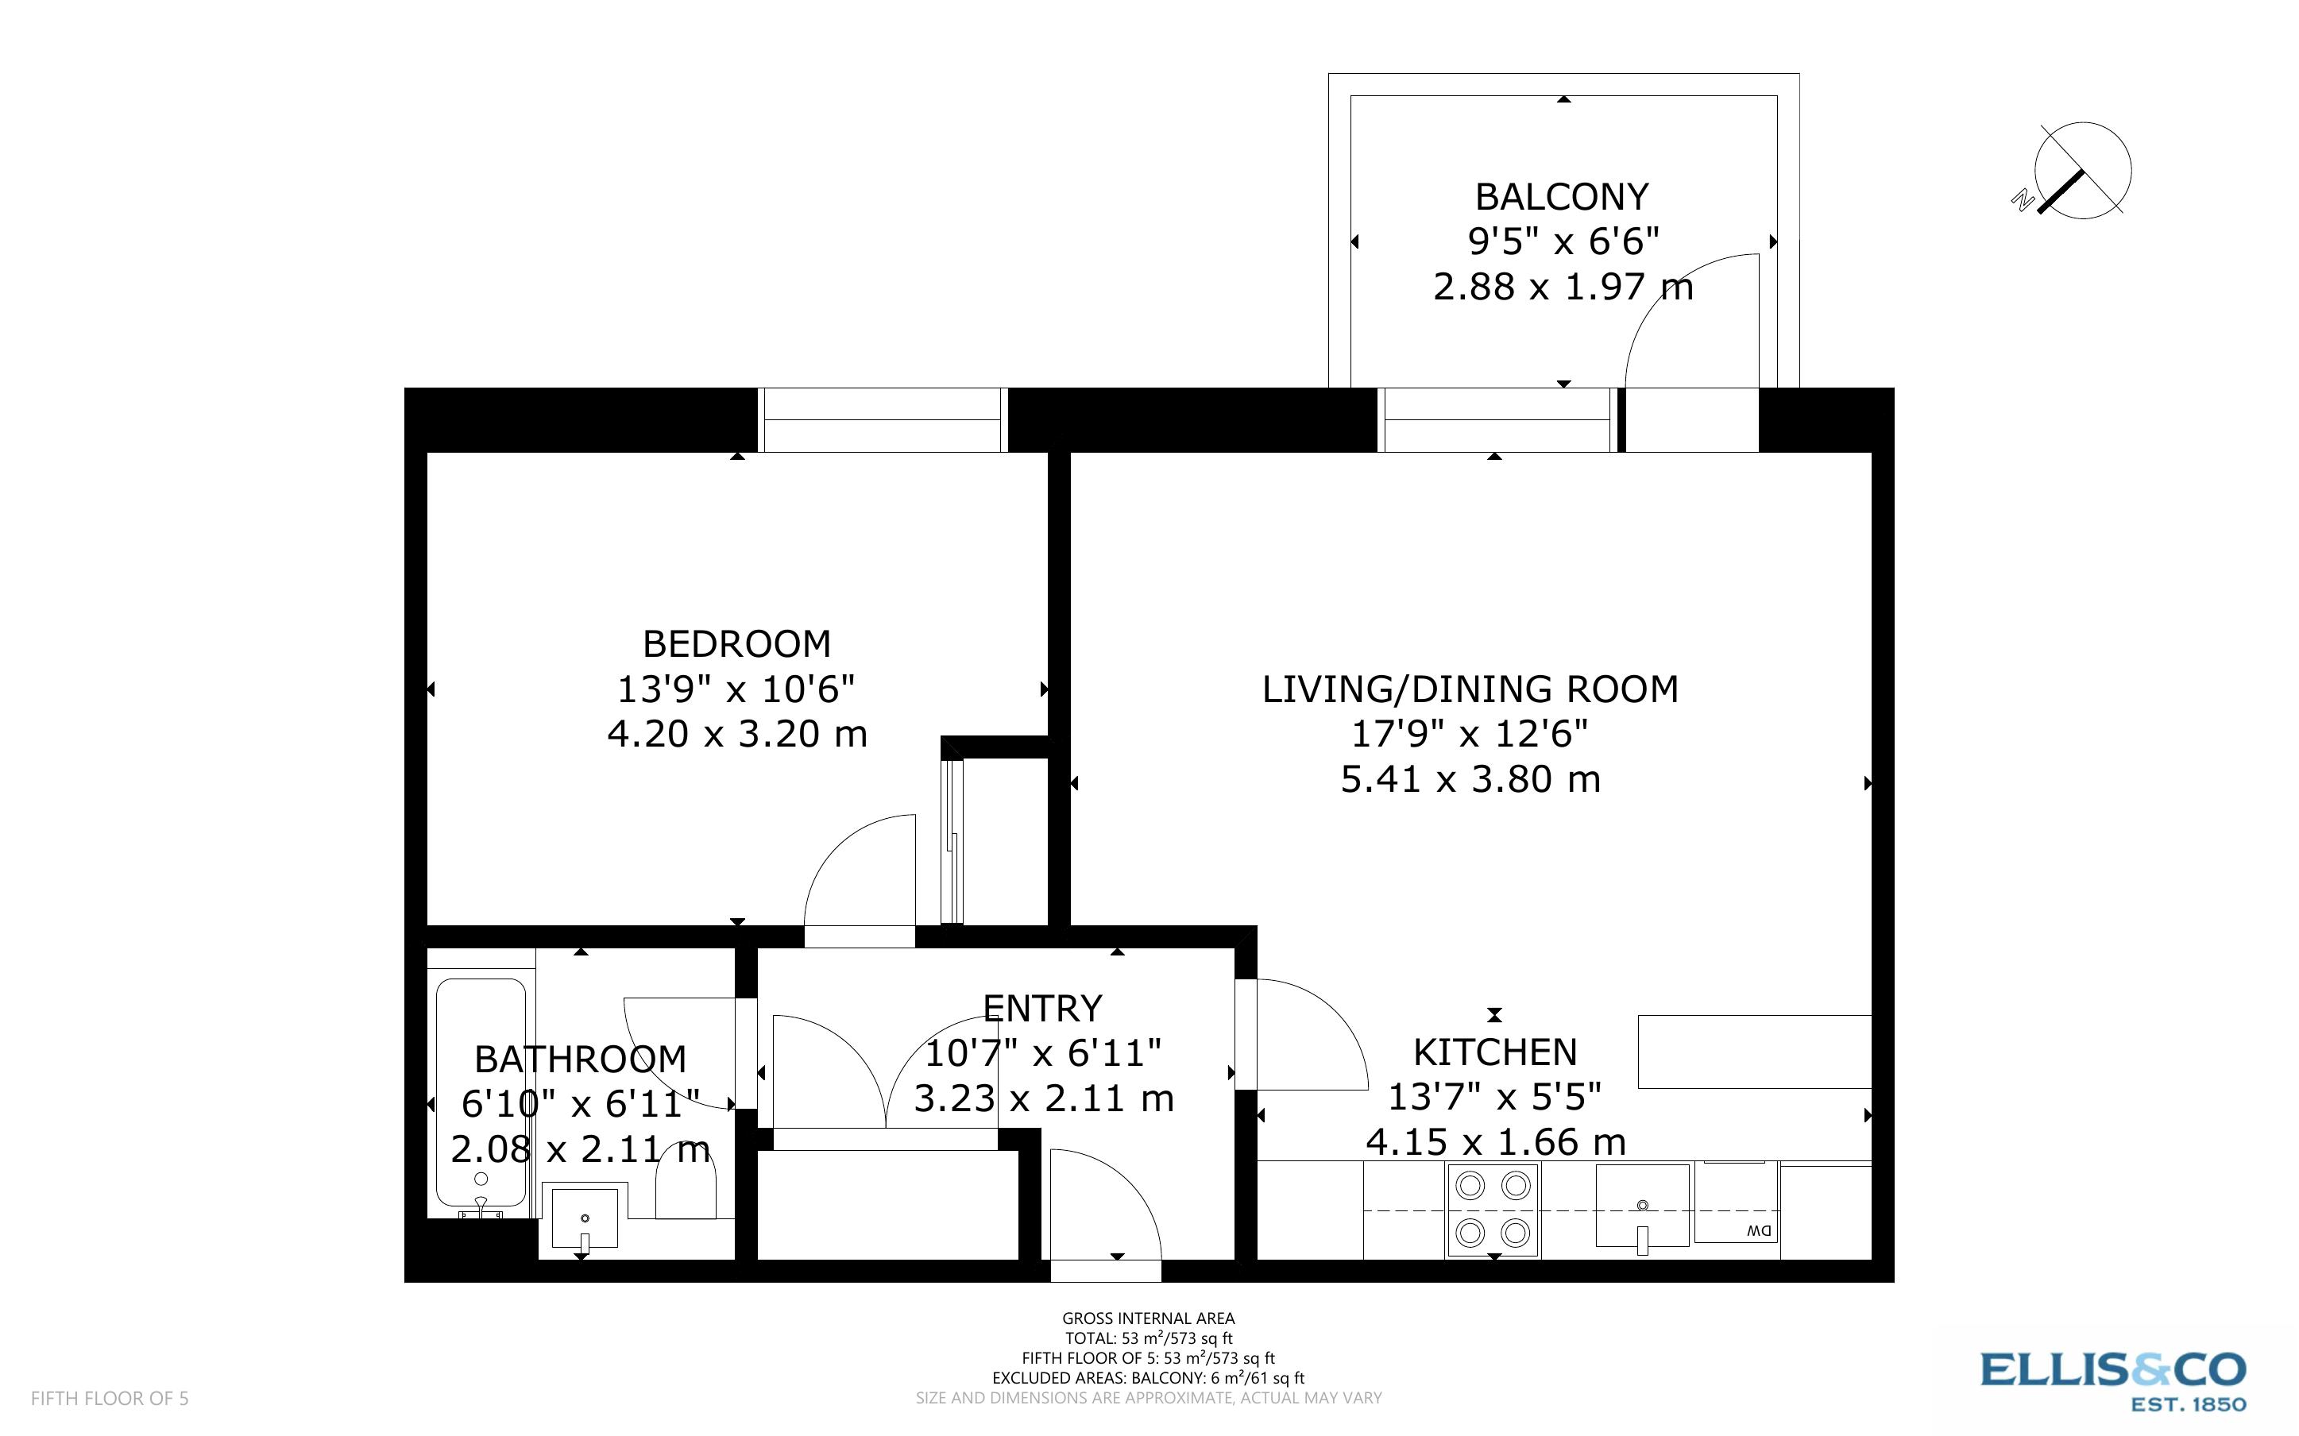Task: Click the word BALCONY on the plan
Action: pyautogui.click(x=1562, y=197)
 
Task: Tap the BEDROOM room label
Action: pyautogui.click(x=737, y=644)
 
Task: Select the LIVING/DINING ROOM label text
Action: pyautogui.click(x=1469, y=689)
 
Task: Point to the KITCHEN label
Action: pyautogui.click(x=1495, y=1052)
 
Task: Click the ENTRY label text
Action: pyautogui.click(x=1041, y=1008)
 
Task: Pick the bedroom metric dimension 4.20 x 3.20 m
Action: pyautogui.click(x=737, y=734)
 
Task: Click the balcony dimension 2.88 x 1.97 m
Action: pyautogui.click(x=1562, y=286)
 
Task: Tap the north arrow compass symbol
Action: pyautogui.click(x=2081, y=171)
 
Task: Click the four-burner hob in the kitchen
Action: pyautogui.click(x=1493, y=1210)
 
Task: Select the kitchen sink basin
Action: pyautogui.click(x=1642, y=1204)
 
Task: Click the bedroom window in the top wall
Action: pyautogui.click(x=883, y=420)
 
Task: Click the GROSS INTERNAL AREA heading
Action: pyautogui.click(x=1147, y=1318)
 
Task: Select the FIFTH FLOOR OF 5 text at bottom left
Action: pyautogui.click(x=109, y=1398)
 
